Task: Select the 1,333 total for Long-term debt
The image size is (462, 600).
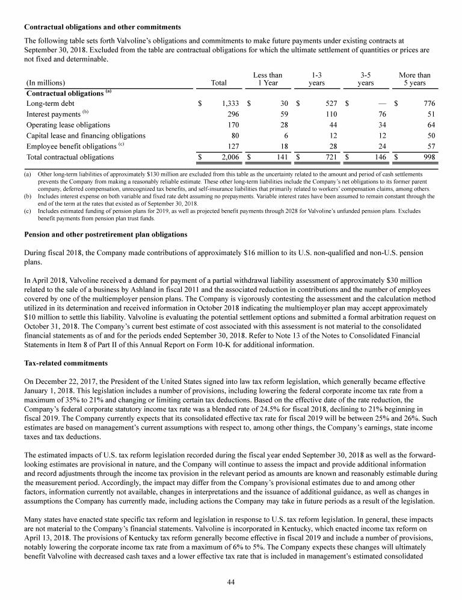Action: tap(232, 104)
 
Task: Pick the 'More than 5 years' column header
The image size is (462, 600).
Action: tap(414, 79)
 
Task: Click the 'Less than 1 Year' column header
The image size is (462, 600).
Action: tap(268, 79)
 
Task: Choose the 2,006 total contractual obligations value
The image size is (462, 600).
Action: tap(232, 158)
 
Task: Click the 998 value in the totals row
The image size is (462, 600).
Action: tap(428, 158)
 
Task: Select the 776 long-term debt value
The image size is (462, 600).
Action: tap(428, 104)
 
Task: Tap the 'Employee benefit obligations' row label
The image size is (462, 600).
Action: tap(70, 146)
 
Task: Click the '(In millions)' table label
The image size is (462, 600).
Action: tap(46, 83)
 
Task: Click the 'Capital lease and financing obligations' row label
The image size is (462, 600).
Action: tap(86, 136)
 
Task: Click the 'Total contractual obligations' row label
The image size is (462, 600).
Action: tap(70, 158)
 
